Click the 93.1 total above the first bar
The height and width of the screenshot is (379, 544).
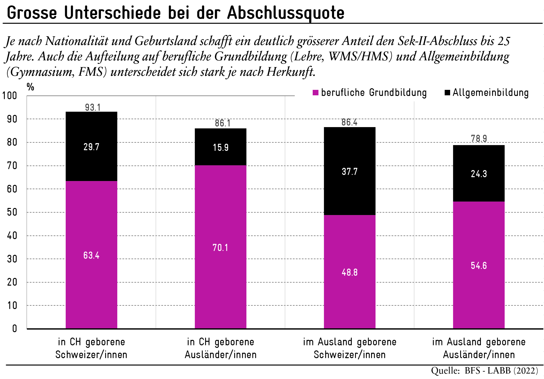pyautogui.click(x=93, y=108)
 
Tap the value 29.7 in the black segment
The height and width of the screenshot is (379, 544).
pyautogui.click(x=91, y=147)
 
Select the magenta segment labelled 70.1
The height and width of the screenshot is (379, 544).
pyautogui.click(x=220, y=247)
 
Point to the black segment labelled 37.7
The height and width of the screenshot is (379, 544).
pyautogui.click(x=350, y=171)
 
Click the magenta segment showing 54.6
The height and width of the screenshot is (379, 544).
pyautogui.click(x=479, y=265)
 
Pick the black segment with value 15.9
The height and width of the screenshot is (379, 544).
pyautogui.click(x=221, y=147)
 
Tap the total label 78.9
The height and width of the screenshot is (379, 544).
pyautogui.click(x=479, y=139)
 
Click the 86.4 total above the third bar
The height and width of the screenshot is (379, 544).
pyautogui.click(x=349, y=122)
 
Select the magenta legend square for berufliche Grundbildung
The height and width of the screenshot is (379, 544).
pyautogui.click(x=316, y=93)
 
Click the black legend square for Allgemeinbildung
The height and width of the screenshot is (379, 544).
pyautogui.click(x=447, y=93)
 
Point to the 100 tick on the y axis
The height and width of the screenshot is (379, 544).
pyautogui.click(x=10, y=96)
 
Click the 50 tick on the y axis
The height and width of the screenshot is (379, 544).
pyautogui.click(x=12, y=212)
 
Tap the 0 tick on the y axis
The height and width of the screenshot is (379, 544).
pyautogui.click(x=14, y=329)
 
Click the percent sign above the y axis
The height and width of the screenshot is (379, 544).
pyautogui.click(x=30, y=87)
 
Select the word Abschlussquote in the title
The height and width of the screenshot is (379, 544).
pyautogui.click(x=285, y=13)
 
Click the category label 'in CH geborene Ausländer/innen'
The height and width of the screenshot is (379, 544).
pyautogui.click(x=220, y=348)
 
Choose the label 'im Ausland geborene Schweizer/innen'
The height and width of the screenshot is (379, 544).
pyautogui.click(x=350, y=348)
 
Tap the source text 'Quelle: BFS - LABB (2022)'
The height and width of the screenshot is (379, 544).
pyautogui.click(x=484, y=371)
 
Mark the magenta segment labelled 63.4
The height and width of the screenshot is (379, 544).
pyautogui.click(x=91, y=255)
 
